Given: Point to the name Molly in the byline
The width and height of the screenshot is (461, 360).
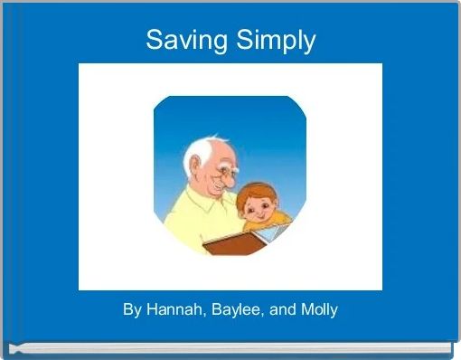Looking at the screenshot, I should (x=317, y=310).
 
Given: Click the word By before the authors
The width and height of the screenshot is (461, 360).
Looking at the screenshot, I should (x=132, y=310).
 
